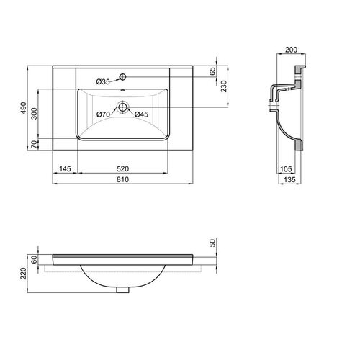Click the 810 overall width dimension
click(x=122, y=179)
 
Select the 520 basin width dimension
click(x=122, y=169)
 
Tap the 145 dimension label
click(x=65, y=169)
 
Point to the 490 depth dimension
click(x=23, y=108)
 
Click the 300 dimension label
click(x=35, y=114)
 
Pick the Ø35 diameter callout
click(x=103, y=82)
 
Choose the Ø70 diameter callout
click(x=103, y=114)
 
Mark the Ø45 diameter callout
click(x=141, y=114)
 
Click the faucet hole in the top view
click(x=122, y=77)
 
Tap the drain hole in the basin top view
click(x=122, y=107)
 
